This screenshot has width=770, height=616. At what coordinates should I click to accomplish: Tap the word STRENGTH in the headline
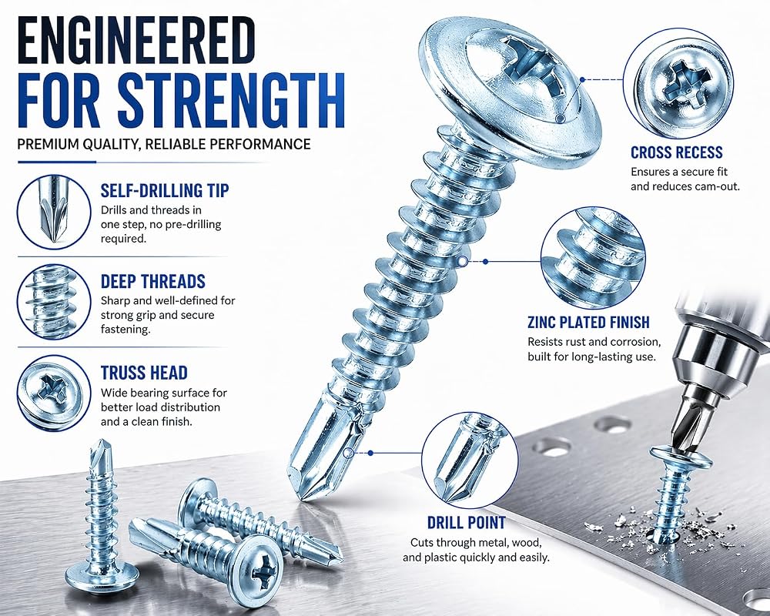[231, 100]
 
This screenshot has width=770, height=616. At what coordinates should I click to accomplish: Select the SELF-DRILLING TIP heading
[165, 191]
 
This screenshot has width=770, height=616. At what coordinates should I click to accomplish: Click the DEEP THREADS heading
[152, 282]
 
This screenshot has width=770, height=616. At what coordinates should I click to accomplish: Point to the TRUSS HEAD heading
[145, 373]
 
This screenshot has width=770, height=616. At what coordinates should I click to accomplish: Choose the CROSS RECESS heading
[677, 152]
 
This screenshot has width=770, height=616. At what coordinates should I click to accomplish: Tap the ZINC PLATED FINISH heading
[589, 323]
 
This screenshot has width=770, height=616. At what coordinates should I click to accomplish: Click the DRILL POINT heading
[466, 523]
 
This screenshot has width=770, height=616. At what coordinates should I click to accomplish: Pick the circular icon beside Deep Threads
[54, 302]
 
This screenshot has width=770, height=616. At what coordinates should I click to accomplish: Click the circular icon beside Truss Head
[54, 393]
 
